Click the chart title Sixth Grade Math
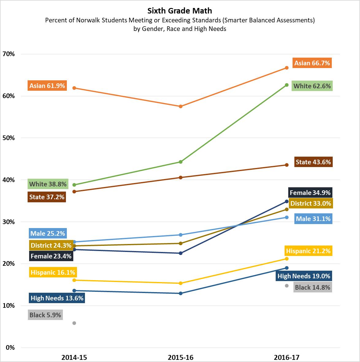(x=180, y=11)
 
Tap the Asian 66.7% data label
(x=312, y=63)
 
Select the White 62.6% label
(x=312, y=86)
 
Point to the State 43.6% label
(x=313, y=162)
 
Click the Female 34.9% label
(x=310, y=192)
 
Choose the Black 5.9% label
(x=45, y=315)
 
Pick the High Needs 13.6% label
(x=57, y=298)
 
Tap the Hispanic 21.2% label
(x=308, y=251)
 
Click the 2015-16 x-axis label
(x=181, y=357)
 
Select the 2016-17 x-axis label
(x=287, y=357)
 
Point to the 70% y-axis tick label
(x=9, y=54)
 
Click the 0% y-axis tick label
(x=10, y=348)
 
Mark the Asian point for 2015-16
(x=181, y=106)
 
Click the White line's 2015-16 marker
(x=181, y=162)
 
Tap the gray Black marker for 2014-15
(x=74, y=323)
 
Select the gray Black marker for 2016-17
(x=287, y=286)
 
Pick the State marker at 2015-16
(x=181, y=177)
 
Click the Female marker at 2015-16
(x=181, y=253)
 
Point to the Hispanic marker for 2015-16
(x=181, y=283)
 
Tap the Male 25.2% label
(x=48, y=233)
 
